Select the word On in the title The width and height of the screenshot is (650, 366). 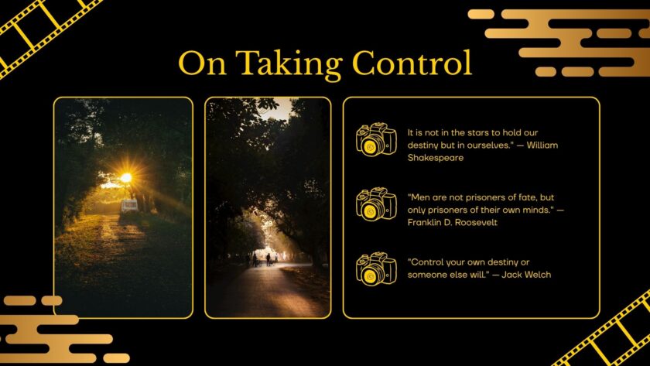point(203,63)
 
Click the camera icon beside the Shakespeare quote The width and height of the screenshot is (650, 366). point(376,139)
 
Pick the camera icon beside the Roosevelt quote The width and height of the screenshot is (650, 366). point(376,204)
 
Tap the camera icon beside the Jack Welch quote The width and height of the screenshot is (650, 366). point(376,269)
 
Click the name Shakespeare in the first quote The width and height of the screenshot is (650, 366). point(436,157)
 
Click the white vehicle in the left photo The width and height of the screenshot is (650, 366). point(129,205)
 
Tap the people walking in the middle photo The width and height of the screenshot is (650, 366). point(262,258)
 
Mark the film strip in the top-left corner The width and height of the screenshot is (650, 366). point(39,31)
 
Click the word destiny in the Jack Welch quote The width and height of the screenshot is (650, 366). point(502,262)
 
